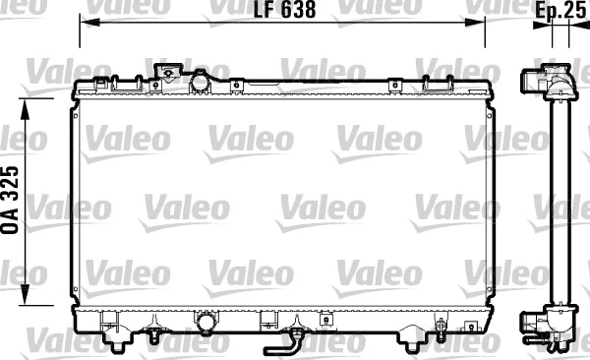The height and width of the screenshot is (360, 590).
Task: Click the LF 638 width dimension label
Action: (284, 10)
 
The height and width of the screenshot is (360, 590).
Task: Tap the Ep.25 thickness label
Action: (560, 10)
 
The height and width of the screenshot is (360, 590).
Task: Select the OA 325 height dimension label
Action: (10, 200)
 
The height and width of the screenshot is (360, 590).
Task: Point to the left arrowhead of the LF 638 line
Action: (89, 23)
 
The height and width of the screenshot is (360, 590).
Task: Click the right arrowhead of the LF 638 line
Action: (475, 23)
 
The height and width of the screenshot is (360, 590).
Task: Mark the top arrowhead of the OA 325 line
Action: (25, 109)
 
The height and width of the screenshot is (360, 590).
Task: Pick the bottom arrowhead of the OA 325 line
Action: (25, 294)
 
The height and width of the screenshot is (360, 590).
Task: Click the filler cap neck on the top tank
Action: (167, 72)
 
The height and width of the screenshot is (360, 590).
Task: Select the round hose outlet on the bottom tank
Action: (206, 323)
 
